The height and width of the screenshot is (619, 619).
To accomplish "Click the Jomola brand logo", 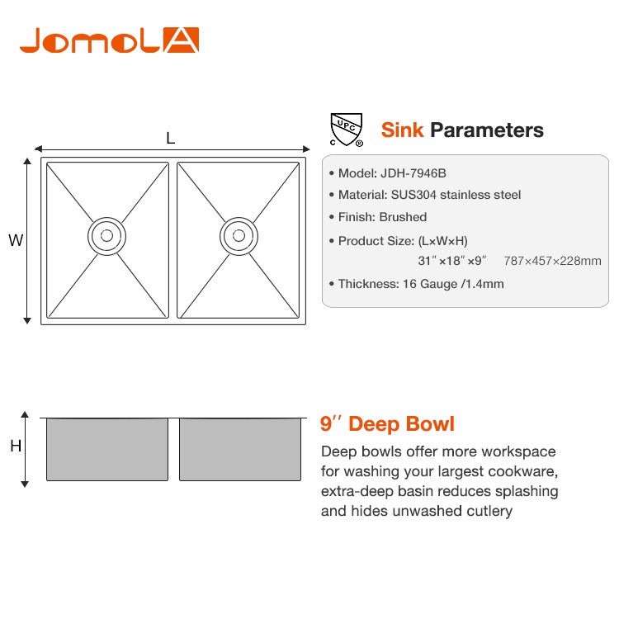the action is (109, 40).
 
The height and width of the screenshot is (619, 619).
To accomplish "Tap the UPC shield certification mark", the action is (346, 130).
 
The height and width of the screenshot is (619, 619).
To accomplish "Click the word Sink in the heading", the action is (402, 130).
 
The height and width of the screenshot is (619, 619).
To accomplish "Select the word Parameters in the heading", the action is (487, 130).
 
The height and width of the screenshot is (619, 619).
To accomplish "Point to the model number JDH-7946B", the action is (413, 173).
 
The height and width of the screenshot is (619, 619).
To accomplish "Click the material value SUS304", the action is (413, 195).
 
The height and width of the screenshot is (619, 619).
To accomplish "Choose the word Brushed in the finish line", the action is (403, 217).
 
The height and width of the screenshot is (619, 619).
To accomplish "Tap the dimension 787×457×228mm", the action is (553, 261).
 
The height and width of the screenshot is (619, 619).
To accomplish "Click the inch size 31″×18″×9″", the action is (452, 261).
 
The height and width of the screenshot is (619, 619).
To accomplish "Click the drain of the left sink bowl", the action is (106, 236).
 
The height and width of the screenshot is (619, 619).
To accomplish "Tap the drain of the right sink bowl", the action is (239, 236).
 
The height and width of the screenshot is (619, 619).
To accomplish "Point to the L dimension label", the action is (171, 138).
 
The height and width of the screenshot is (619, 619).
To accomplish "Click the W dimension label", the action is (16, 240).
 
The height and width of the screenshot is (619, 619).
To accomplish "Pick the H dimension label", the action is (16, 446).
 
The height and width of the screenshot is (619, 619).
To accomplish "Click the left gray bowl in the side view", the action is (107, 449).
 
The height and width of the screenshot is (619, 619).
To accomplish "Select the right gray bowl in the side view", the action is (240, 449).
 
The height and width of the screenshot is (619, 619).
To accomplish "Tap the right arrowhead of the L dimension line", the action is (306, 149).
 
